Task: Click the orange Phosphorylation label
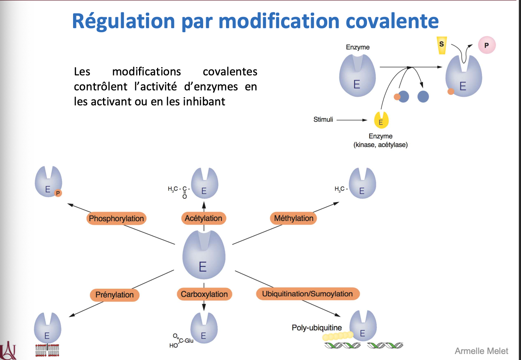[116, 218]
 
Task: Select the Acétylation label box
[204, 218]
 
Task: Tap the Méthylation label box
[293, 218]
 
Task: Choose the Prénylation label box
[114, 295]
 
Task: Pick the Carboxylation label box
[204, 294]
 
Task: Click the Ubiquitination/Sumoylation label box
[307, 294]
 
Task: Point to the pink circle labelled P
[487, 45]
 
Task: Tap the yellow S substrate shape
[442, 45]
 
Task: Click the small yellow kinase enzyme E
[381, 121]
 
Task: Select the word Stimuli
[323, 120]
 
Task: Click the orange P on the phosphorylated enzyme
[58, 193]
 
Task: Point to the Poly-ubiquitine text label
[317, 327]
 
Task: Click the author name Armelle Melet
[481, 351]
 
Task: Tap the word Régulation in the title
[123, 21]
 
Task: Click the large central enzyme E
[204, 255]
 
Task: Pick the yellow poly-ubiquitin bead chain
[338, 336]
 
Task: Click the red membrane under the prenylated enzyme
[47, 350]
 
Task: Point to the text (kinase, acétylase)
[380, 145]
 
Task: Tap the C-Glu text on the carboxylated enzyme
[186, 340]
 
